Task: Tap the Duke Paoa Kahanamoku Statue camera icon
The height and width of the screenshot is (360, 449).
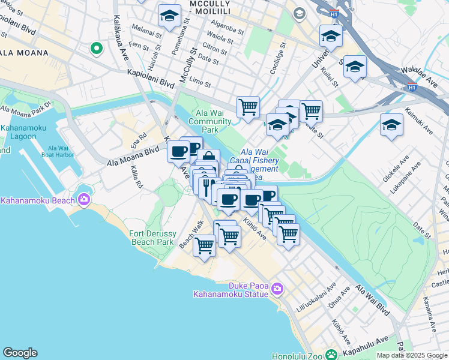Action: click(x=277, y=289)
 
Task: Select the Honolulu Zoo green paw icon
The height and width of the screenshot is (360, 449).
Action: click(x=331, y=354)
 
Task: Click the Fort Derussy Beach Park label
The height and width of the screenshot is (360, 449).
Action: click(x=152, y=238)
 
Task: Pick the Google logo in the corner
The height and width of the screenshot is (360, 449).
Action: click(x=20, y=353)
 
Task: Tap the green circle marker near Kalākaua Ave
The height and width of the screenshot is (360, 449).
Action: click(x=95, y=48)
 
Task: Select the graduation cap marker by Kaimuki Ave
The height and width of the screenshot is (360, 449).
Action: click(x=391, y=125)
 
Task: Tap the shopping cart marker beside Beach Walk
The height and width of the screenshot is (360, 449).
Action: click(x=204, y=245)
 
